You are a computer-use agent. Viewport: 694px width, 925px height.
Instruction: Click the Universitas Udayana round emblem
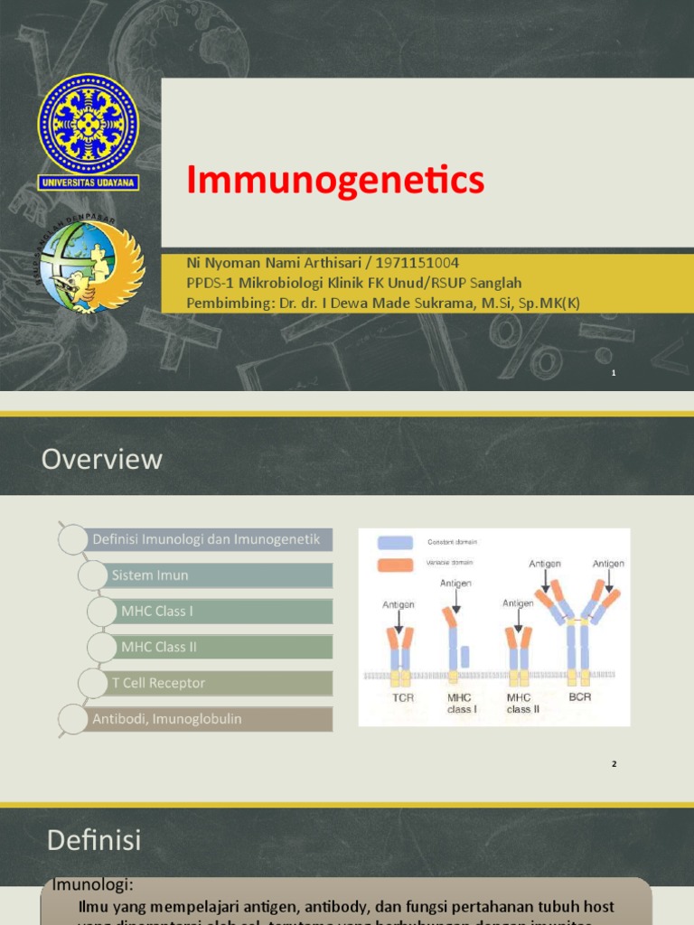click(88, 124)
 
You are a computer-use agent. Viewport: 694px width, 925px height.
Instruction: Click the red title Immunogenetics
click(335, 180)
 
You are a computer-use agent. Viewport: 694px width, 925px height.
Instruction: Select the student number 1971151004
click(417, 263)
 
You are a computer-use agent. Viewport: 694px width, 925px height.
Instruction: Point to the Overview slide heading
click(102, 459)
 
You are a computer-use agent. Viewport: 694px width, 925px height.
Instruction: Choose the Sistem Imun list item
click(150, 575)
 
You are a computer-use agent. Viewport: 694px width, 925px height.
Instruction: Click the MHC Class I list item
click(157, 612)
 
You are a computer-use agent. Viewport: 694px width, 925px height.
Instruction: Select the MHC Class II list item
click(159, 647)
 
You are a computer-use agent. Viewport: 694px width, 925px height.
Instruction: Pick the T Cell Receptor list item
click(158, 683)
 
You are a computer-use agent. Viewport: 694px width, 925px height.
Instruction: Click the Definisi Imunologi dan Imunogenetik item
click(206, 539)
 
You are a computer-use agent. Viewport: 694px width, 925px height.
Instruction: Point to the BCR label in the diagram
click(579, 698)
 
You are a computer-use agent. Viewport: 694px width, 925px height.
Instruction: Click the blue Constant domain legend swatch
click(395, 543)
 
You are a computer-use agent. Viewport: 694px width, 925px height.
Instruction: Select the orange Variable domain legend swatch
click(395, 564)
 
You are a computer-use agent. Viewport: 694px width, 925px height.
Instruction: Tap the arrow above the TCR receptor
click(399, 618)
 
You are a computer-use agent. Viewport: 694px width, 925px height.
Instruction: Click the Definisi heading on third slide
click(94, 841)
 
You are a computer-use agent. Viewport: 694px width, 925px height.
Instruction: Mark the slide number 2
click(614, 764)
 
